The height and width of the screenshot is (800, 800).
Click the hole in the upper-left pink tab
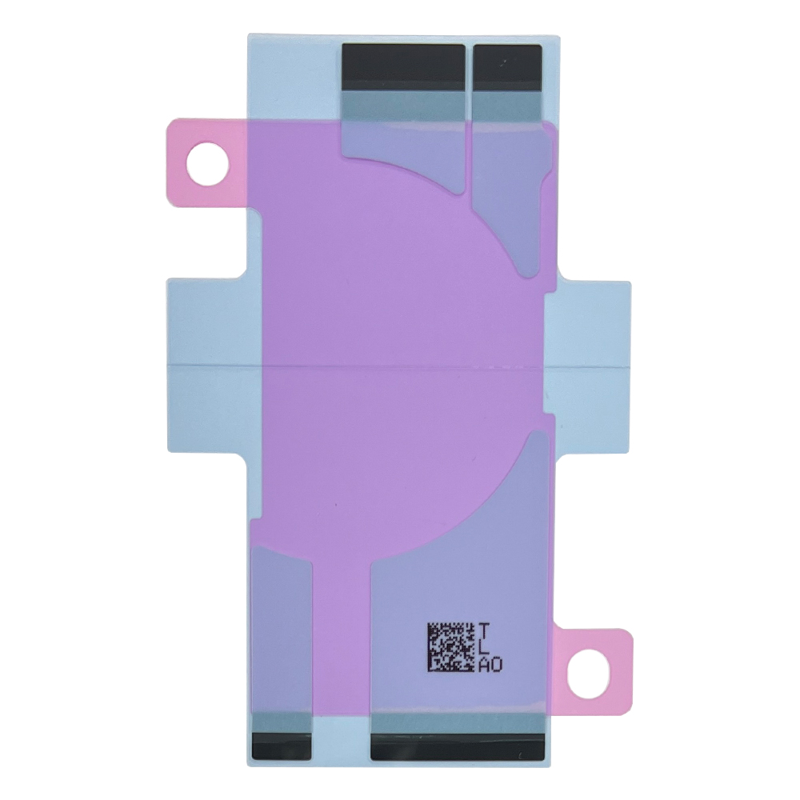coord(208,164)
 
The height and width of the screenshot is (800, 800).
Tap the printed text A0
coord(490,665)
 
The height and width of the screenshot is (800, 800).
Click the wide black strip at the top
coord(403,67)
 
